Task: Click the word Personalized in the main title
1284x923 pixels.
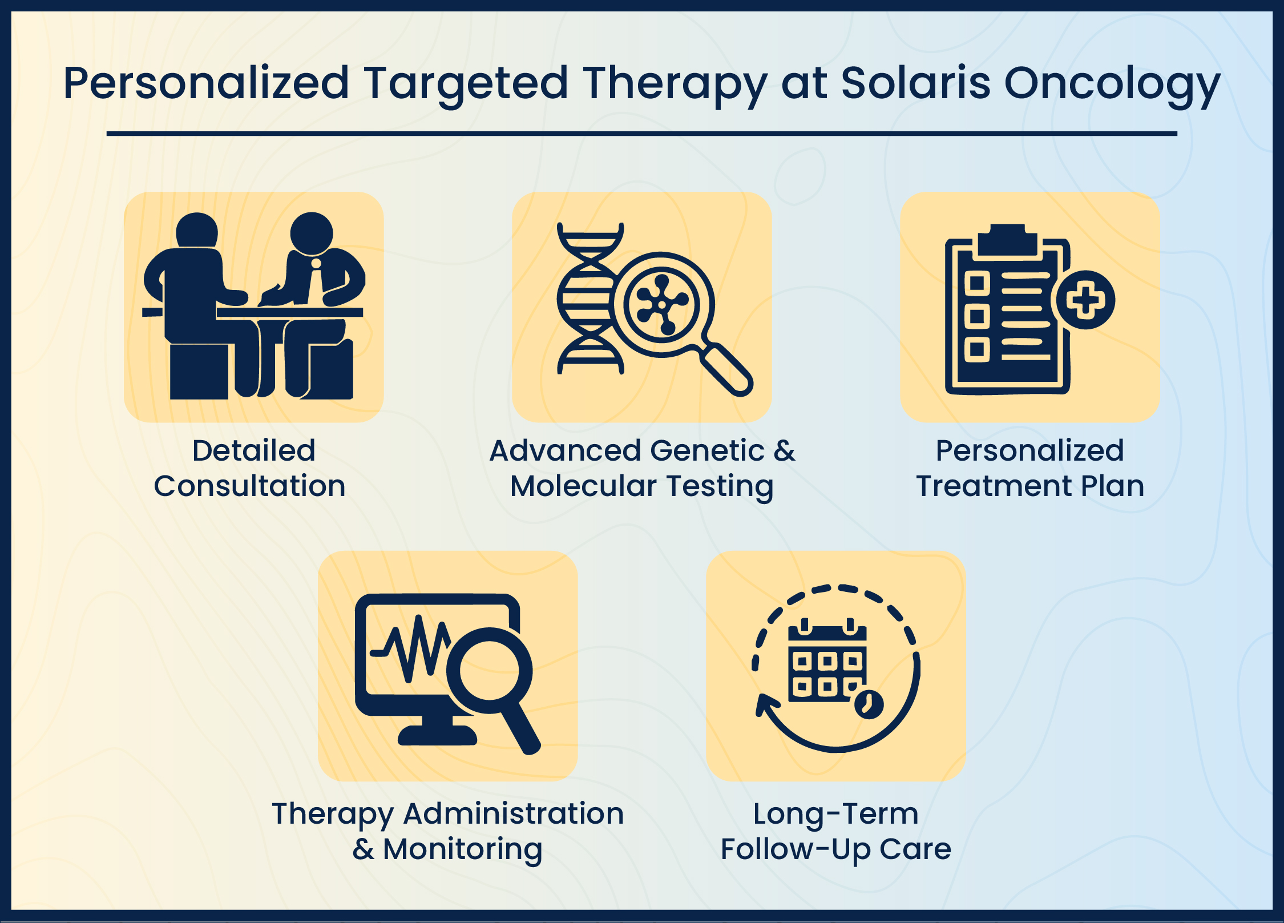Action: tap(206, 83)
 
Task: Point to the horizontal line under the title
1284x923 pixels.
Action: tap(641, 134)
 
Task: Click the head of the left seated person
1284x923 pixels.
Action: tap(197, 231)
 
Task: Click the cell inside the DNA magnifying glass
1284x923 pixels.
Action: tap(662, 304)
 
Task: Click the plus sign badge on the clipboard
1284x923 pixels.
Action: tap(1085, 300)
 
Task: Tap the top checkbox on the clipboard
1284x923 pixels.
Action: tap(976, 283)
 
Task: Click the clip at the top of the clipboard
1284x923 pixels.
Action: tap(1007, 240)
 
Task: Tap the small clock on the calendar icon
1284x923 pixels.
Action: tap(869, 704)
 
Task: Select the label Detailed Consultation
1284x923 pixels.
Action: tap(251, 468)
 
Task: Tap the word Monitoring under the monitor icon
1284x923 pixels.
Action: tap(462, 849)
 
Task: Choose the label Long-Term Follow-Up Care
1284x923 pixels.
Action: tap(835, 831)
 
